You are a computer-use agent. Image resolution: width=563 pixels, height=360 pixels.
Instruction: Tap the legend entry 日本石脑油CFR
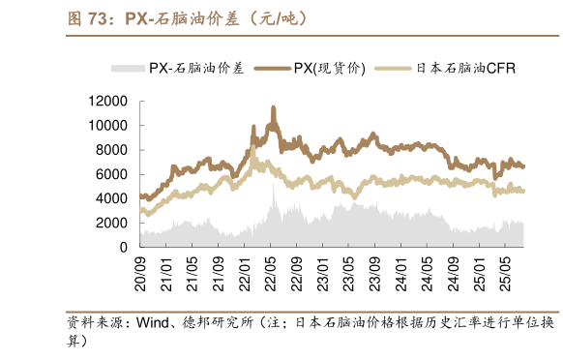click(466, 68)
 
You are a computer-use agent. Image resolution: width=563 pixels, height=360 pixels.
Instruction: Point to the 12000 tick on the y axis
click(108, 101)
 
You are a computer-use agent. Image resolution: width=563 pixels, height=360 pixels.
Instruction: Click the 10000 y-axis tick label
click(108, 125)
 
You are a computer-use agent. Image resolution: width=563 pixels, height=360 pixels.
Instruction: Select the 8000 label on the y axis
click(112, 149)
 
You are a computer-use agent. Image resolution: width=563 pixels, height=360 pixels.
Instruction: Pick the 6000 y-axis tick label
click(112, 174)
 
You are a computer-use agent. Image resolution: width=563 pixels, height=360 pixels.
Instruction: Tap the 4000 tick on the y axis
click(112, 198)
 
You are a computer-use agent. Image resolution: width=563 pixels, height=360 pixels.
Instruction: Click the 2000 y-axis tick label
click(112, 223)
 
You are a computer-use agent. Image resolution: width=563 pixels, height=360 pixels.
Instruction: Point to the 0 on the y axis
click(125, 247)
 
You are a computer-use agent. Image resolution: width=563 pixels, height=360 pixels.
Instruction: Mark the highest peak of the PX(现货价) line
click(273, 108)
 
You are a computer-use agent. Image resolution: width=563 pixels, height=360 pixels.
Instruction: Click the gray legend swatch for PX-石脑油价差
click(129, 68)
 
